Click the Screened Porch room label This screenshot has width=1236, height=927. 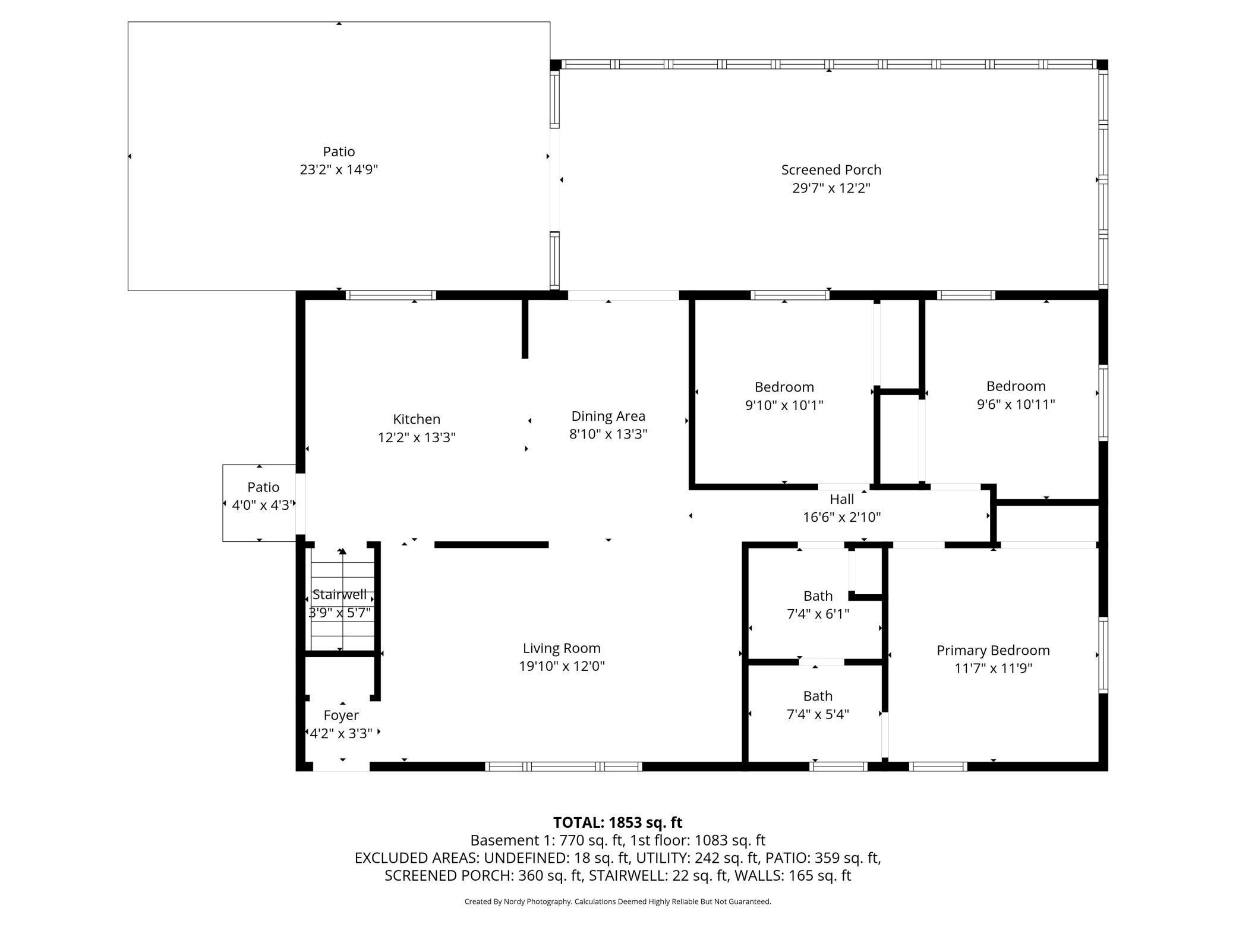click(x=831, y=170)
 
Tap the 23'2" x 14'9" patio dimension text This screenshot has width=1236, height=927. click(x=339, y=170)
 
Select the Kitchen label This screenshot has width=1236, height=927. click(x=417, y=419)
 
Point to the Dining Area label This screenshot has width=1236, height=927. click(x=608, y=416)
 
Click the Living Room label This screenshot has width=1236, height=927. click(x=562, y=648)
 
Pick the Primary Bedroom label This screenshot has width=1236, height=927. click(x=993, y=650)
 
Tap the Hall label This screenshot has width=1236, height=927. click(x=841, y=499)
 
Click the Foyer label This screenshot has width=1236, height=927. click(x=341, y=715)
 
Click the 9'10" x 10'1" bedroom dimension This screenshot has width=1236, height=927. click(x=784, y=405)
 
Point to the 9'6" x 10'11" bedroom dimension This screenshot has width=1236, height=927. click(x=1016, y=405)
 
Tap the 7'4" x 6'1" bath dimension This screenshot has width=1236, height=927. click(x=818, y=614)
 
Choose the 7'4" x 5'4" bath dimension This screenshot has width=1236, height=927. click(x=818, y=714)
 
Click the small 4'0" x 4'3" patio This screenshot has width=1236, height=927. click(x=260, y=503)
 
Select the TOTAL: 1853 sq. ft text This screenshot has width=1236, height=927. click(x=617, y=822)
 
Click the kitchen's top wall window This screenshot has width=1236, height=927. click(x=391, y=295)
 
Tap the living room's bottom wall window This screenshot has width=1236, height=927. click(x=564, y=767)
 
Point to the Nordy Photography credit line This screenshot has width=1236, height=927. click(x=617, y=901)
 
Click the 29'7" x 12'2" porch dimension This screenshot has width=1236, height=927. click(x=831, y=188)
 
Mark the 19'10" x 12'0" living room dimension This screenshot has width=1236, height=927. click(x=562, y=666)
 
